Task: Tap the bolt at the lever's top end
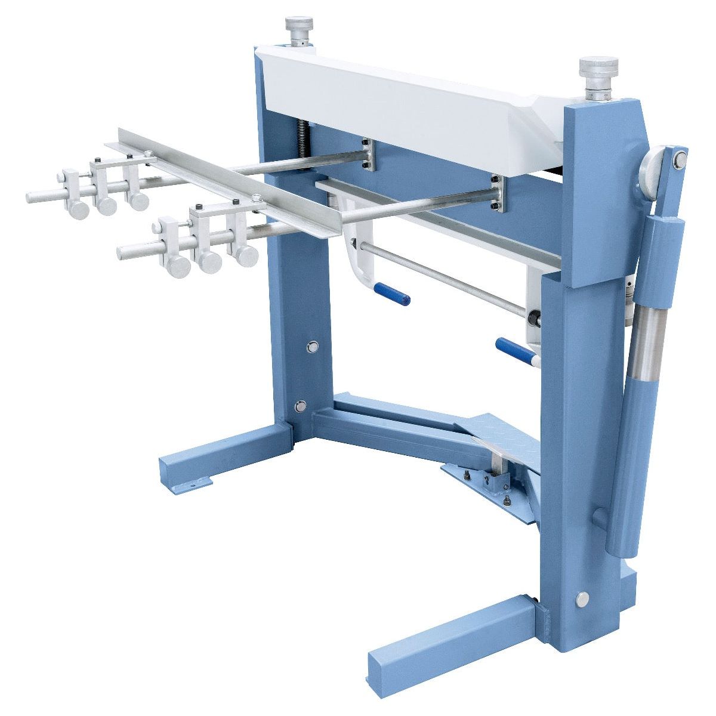[679, 158]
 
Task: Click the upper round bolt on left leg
[312, 346]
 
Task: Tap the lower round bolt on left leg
[300, 406]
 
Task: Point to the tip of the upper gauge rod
[31, 196]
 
